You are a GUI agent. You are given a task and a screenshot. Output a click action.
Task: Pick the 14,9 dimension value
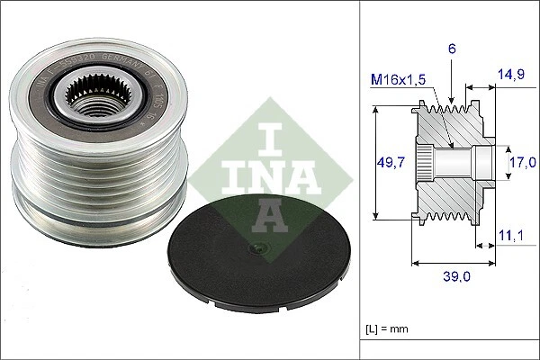click(514, 76)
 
